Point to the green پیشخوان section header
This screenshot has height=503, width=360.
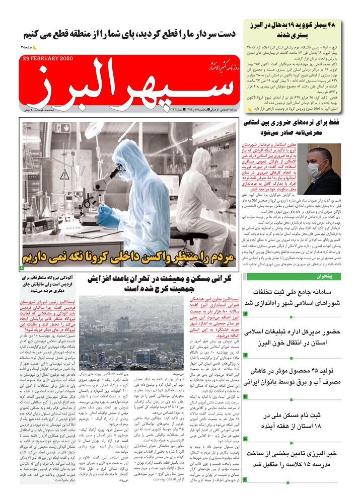pos(293,277)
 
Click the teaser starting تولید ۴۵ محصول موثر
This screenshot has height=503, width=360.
pos(293,377)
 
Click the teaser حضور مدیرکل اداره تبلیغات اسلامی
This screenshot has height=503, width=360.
pos(293,338)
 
